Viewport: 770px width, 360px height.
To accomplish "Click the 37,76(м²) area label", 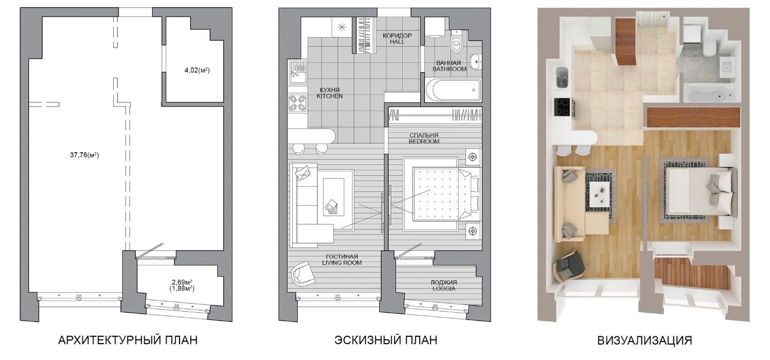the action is [84, 155].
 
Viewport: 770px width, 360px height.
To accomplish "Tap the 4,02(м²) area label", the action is [197, 70].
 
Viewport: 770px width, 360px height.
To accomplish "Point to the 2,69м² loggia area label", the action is [182, 283].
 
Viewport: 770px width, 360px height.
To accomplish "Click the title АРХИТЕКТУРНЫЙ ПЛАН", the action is [128, 340].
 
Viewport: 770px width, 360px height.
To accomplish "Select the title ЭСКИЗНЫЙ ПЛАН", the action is [386, 340].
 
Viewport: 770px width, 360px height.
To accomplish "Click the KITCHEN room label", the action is [330, 96].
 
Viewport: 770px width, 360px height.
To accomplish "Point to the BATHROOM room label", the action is [449, 69].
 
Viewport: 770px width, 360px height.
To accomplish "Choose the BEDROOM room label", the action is [424, 141].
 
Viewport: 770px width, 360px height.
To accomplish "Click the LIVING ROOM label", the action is [342, 263].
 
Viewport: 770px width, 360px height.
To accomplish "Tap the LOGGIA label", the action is [444, 289].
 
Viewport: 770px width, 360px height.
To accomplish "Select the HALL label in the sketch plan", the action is [397, 42].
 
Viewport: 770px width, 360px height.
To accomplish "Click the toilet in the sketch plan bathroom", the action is [457, 42].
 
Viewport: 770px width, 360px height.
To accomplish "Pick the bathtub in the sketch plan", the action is [453, 90].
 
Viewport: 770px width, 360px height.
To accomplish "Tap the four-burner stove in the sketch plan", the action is [298, 103].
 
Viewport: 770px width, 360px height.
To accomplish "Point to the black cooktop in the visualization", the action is [562, 107].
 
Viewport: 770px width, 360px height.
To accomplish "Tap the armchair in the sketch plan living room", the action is [302, 273].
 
